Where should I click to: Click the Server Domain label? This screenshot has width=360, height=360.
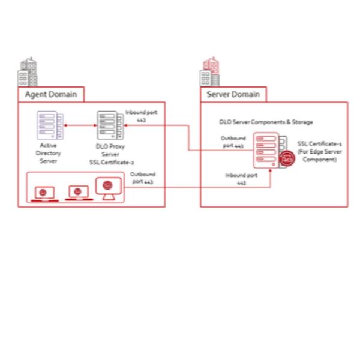233,95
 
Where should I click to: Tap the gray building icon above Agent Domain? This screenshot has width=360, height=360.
28,73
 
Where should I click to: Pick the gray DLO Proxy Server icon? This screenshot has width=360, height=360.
110,126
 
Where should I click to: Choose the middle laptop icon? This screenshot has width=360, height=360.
77,193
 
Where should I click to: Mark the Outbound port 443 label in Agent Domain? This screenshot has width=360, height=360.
143,178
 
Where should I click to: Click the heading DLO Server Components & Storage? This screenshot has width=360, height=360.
266,122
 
